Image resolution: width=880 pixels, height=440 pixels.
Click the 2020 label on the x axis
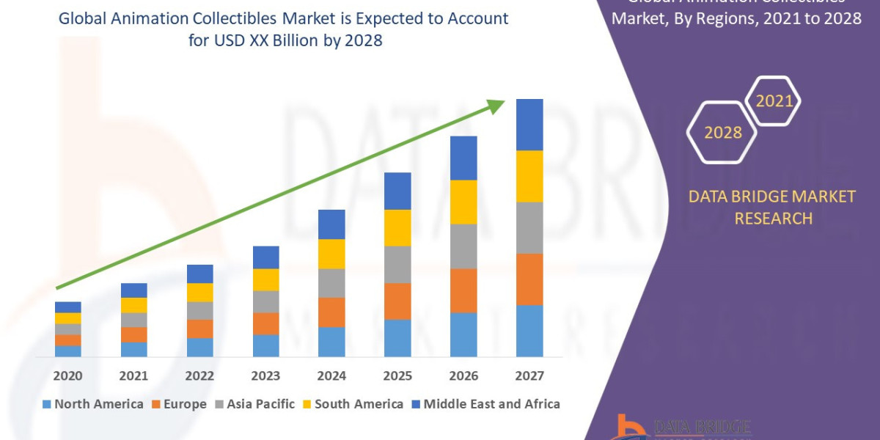67,376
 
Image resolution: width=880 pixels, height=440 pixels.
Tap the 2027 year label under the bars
529,376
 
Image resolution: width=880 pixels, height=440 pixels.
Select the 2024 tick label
331,376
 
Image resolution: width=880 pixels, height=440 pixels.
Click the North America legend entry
93,404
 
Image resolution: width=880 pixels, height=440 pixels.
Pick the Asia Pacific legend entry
254,404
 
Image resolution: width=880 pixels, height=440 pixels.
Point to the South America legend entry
353,404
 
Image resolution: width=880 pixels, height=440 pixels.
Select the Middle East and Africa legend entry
485,404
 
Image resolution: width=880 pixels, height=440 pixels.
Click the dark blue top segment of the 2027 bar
529,125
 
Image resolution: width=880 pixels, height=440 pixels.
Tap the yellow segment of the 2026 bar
463,202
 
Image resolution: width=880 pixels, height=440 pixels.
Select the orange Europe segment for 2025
397,301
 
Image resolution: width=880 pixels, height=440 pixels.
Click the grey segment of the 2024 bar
331,283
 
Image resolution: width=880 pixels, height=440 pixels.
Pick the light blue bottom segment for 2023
265,345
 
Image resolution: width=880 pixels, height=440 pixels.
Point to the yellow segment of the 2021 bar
133,305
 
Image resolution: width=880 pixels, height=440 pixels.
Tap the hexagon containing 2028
722,132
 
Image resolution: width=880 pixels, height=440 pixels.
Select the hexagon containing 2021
774,101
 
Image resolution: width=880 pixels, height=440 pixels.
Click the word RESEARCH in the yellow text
773,218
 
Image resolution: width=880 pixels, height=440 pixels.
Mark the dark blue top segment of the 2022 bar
199,274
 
